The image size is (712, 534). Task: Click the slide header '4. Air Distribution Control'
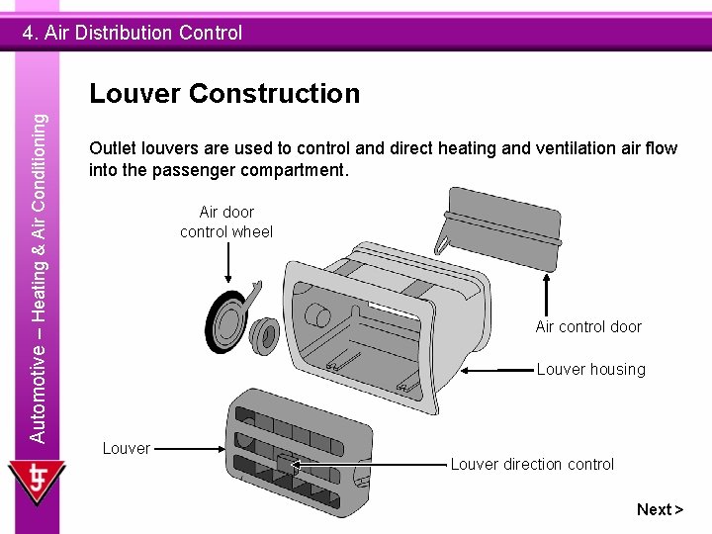[133, 33]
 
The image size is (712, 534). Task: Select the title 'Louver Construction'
[224, 94]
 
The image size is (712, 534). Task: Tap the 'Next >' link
[660, 509]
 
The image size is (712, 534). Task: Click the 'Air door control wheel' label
[226, 222]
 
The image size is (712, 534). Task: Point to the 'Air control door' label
[588, 327]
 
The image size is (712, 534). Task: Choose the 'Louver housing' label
[590, 370]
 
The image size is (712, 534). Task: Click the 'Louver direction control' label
[532, 464]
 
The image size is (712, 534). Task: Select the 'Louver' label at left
[127, 448]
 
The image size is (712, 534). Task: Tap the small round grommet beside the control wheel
[265, 333]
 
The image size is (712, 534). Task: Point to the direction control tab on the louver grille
[285, 463]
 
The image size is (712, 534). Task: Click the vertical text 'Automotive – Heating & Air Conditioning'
[38, 277]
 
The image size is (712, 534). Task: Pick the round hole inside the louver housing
[319, 315]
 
